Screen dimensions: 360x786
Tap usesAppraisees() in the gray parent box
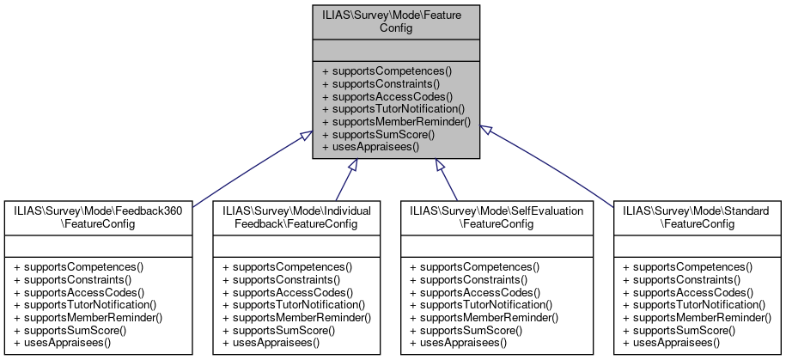(x=369, y=147)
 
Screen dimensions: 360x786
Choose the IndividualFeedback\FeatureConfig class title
(x=296, y=216)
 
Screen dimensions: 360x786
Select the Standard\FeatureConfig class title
(x=696, y=216)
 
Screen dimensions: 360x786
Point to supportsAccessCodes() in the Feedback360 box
(x=79, y=292)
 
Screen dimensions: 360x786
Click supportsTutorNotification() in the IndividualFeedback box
(x=293, y=305)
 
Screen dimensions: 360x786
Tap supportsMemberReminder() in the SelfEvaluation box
(x=484, y=318)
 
